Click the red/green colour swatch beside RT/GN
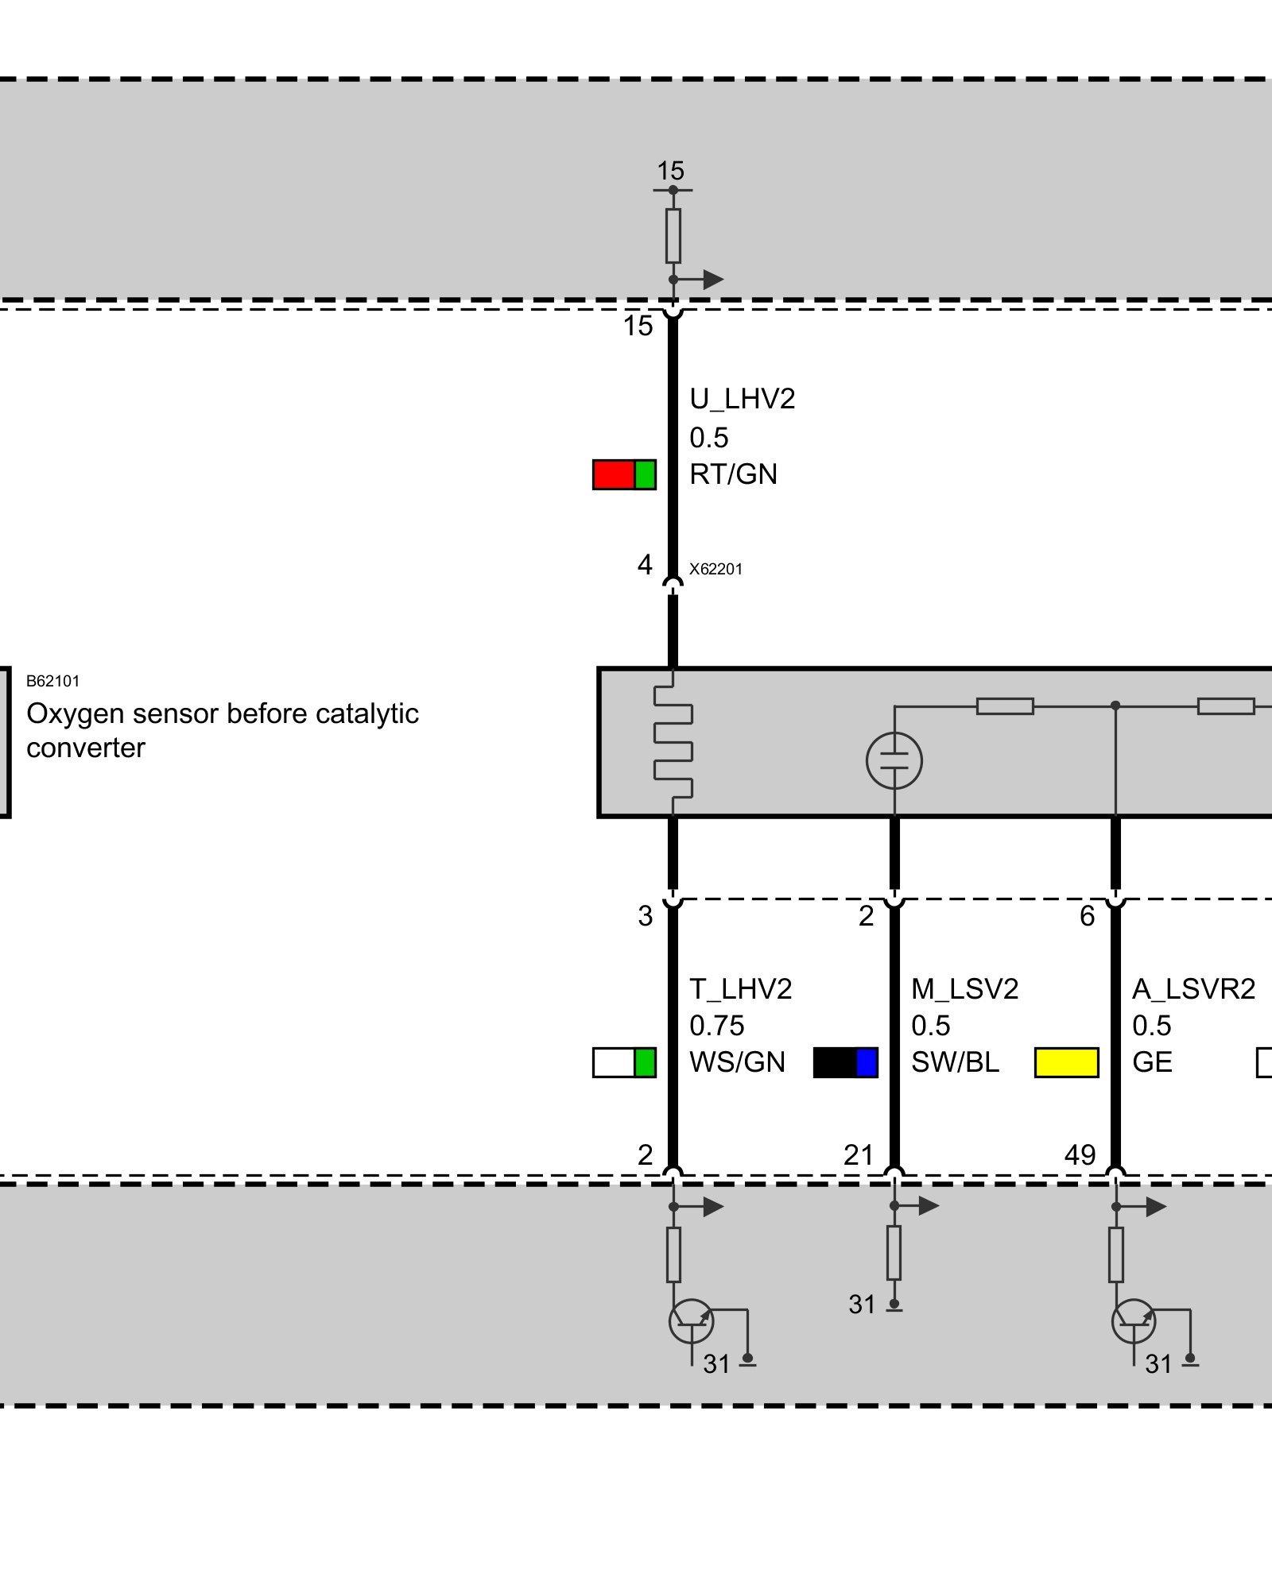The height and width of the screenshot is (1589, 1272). click(x=624, y=474)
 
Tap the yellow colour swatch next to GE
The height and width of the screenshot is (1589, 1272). click(x=1066, y=1062)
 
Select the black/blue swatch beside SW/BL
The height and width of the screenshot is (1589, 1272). click(x=846, y=1062)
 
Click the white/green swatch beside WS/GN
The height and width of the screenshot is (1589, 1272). click(x=624, y=1062)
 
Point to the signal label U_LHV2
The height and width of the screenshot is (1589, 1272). click(x=742, y=398)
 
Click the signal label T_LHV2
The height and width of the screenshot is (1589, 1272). click(x=740, y=988)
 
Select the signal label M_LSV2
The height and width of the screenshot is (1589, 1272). click(x=964, y=988)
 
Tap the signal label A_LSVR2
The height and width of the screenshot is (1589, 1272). click(x=1193, y=988)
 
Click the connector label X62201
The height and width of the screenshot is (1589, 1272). click(x=715, y=569)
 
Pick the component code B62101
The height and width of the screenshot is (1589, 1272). click(x=52, y=681)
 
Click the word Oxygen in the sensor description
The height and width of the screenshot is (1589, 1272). click(x=75, y=713)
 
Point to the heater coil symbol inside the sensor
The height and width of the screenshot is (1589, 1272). click(x=673, y=742)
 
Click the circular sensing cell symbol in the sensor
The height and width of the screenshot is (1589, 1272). click(x=894, y=760)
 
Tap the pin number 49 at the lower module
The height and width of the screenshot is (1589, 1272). click(x=1080, y=1154)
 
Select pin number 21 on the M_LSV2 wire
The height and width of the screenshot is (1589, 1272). click(x=859, y=1154)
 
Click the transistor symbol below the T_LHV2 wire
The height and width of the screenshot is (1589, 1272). click(x=691, y=1321)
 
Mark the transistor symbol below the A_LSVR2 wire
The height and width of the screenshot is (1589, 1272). click(x=1134, y=1321)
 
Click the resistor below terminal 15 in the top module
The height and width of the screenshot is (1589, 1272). click(x=673, y=235)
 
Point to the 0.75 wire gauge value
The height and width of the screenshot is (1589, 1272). click(x=716, y=1026)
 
